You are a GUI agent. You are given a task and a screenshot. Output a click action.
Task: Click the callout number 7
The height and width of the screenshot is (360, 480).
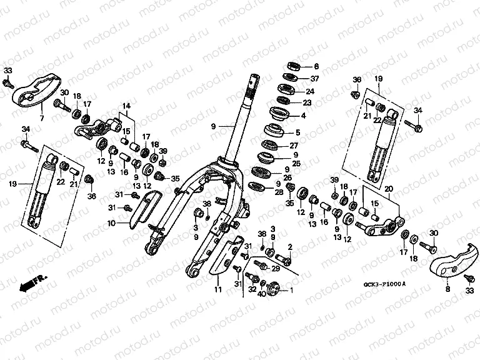tap(42, 118)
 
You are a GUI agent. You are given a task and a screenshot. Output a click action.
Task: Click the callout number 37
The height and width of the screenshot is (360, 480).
tap(315, 79)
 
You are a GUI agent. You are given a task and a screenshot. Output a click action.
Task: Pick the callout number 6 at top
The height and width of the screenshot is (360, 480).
tap(316, 66)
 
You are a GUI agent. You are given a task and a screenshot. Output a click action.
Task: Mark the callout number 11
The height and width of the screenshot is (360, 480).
tap(217, 290)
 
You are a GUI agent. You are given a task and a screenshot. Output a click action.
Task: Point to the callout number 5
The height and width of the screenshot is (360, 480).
tap(297, 132)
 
